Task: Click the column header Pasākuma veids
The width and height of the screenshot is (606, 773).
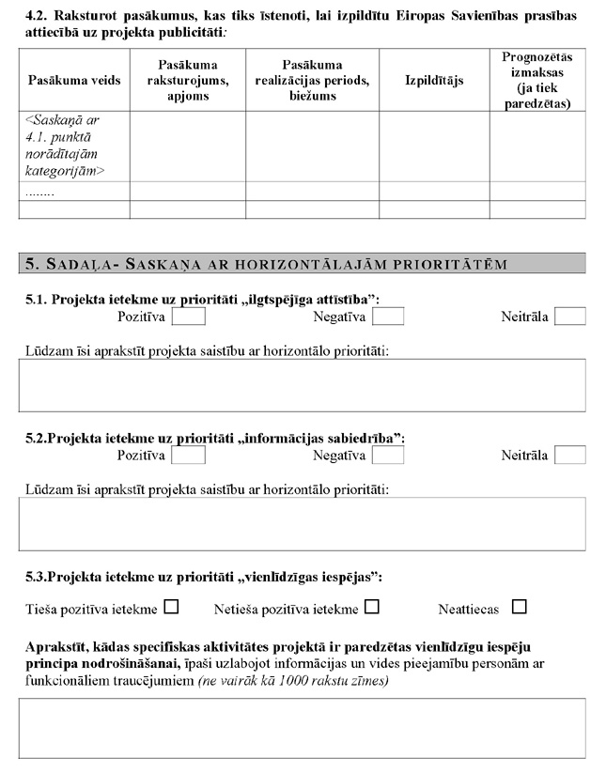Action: click(74, 81)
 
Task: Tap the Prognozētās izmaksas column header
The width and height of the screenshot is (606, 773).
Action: click(536, 80)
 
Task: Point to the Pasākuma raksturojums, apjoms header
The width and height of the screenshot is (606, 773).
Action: click(188, 81)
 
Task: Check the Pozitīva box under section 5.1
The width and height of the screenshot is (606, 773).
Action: click(188, 317)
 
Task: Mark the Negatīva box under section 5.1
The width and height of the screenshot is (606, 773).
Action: click(388, 317)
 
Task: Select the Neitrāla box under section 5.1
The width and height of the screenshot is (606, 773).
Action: click(569, 317)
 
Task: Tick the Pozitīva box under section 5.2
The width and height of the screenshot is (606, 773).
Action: click(188, 455)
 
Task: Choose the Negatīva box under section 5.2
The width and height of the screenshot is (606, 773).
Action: click(388, 455)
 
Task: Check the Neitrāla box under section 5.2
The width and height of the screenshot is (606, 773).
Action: click(569, 455)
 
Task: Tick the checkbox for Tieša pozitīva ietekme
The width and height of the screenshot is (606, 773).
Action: click(171, 607)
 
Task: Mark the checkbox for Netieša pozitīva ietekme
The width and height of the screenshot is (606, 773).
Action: click(372, 607)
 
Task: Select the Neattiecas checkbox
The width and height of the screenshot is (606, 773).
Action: click(520, 607)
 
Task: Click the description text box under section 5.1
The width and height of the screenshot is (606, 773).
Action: click(302, 385)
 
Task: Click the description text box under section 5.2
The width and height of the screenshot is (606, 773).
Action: click(302, 523)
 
